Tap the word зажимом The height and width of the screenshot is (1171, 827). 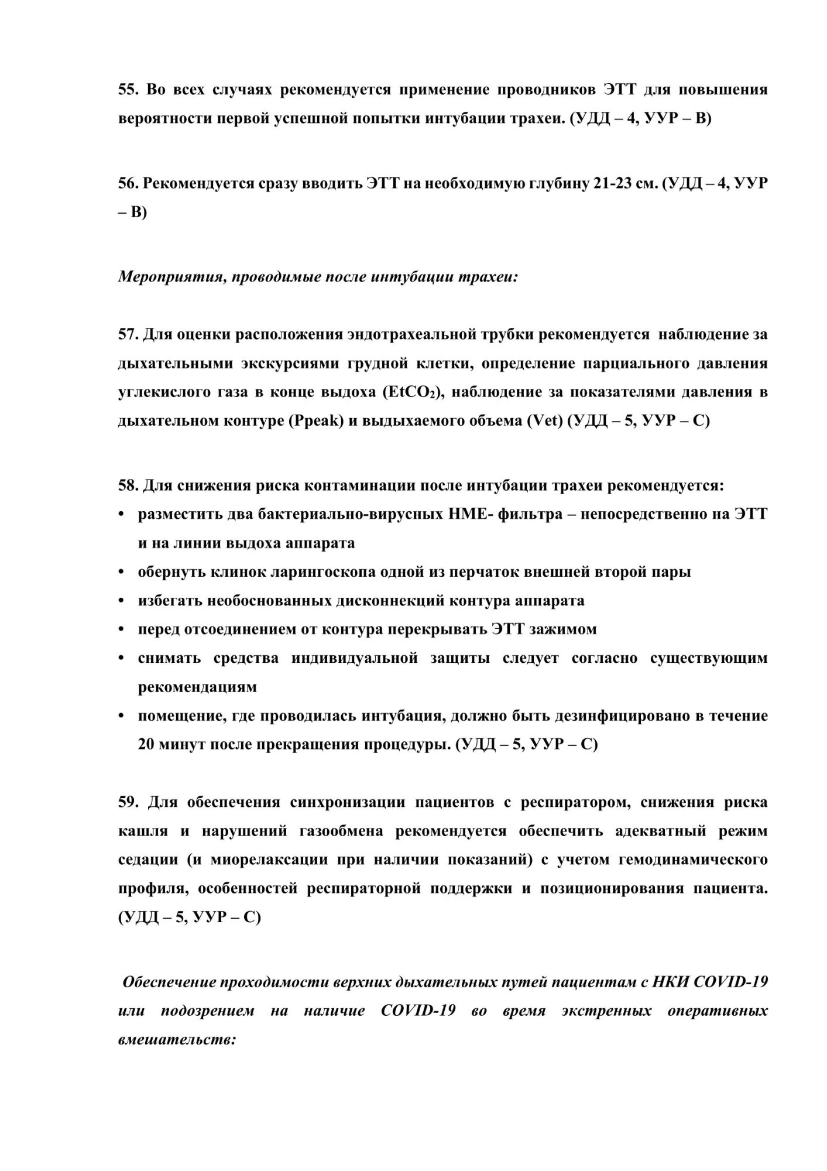pyautogui.click(x=563, y=629)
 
